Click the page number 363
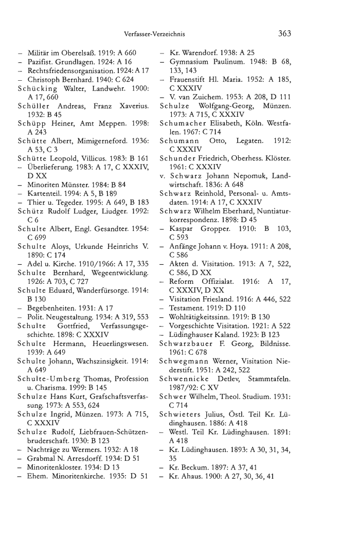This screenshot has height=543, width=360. pos(284,34)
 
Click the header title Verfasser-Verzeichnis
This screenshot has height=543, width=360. pos(154,34)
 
